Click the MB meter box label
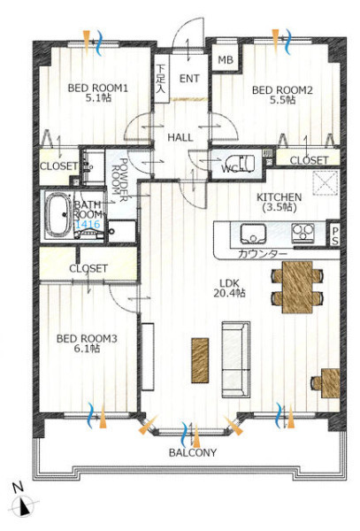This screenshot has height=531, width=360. point(226,60)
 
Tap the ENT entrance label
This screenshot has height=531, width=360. point(189,79)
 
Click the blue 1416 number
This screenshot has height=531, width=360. point(88,224)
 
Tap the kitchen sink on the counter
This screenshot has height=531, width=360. point(253,234)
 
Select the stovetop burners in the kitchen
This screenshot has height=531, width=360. point(303,233)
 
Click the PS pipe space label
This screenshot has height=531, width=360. point(334,235)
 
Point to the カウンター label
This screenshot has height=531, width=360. point(263,254)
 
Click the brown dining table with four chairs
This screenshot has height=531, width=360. point(297,287)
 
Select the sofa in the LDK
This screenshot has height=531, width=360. point(236,359)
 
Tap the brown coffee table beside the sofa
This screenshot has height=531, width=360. point(200,360)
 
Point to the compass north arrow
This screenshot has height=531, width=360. point(24,508)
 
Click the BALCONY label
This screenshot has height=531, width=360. point(193,453)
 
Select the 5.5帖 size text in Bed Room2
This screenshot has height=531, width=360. point(282,100)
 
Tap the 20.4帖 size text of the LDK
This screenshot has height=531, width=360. point(229,293)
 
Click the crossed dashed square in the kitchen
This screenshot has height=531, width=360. point(326,183)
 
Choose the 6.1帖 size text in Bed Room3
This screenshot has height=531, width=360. point(87,349)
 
